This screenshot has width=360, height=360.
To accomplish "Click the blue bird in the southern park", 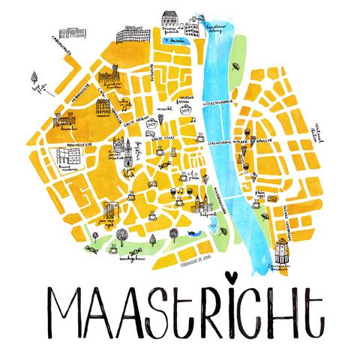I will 193,234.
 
